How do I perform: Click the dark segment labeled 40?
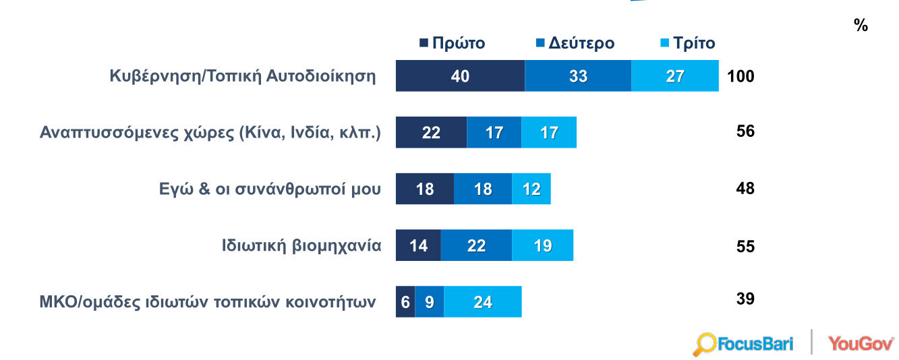[460, 76]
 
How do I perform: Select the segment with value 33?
[578, 76]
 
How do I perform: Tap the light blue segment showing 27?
[675, 76]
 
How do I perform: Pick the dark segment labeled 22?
[431, 132]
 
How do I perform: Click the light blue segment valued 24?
[483, 302]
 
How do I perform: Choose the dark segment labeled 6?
[405, 302]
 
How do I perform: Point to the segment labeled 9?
[429, 302]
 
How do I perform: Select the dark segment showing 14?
[418, 245]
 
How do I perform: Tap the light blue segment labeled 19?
[542, 245]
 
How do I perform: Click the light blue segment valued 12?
[531, 189]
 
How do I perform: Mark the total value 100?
[741, 76]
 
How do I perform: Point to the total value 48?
[745, 188]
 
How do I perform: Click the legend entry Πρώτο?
[453, 43]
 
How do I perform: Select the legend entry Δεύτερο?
[575, 43]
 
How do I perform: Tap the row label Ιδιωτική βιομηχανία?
[301, 245]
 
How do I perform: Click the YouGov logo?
[861, 343]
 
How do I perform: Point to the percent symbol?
[861, 26]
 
